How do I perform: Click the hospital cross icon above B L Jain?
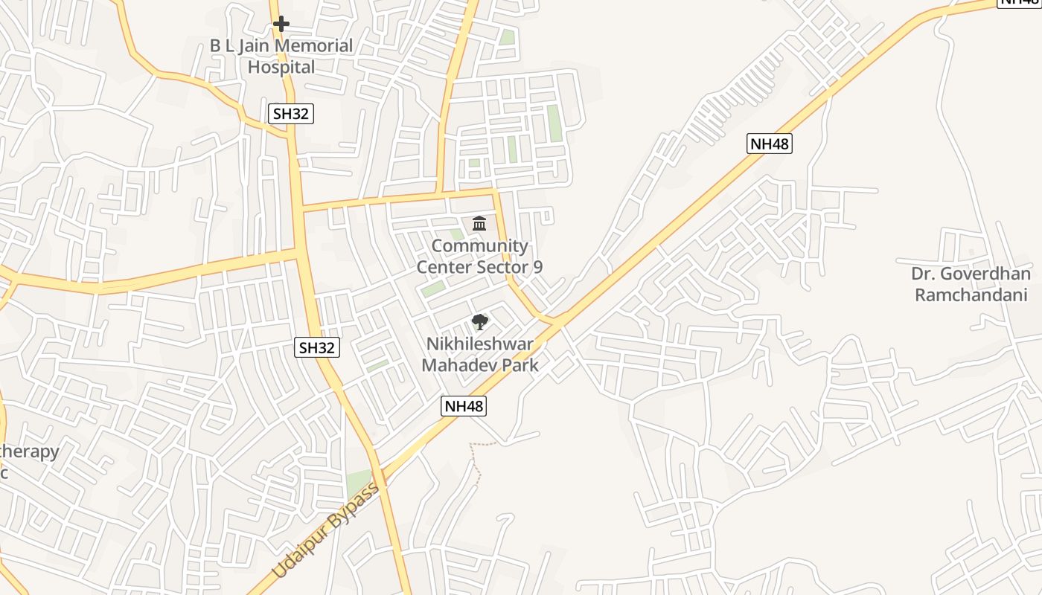pyautogui.click(x=281, y=24)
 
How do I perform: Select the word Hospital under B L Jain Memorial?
pyautogui.click(x=281, y=67)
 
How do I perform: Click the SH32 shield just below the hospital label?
pyautogui.click(x=291, y=114)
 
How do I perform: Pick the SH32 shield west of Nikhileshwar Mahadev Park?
pyautogui.click(x=318, y=347)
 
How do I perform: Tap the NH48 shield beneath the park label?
pyautogui.click(x=464, y=406)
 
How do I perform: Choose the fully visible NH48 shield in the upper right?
pyautogui.click(x=770, y=144)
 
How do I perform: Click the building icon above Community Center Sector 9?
pyautogui.click(x=479, y=223)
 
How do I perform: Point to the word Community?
pyautogui.click(x=480, y=246)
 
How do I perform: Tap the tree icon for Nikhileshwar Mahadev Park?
pyautogui.click(x=480, y=322)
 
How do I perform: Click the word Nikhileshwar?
pyautogui.click(x=480, y=344)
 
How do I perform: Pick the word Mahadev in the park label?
pyautogui.click(x=457, y=365)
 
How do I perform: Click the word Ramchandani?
pyautogui.click(x=971, y=295)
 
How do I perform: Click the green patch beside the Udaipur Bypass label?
pyautogui.click(x=359, y=483)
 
